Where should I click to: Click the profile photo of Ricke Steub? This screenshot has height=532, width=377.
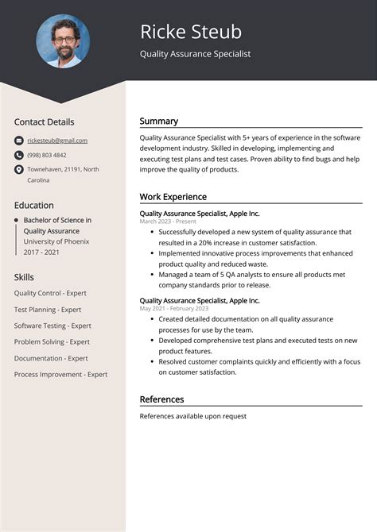click(63, 41)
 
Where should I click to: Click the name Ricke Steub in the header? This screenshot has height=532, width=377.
click(191, 32)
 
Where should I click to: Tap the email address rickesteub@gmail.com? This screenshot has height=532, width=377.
click(57, 141)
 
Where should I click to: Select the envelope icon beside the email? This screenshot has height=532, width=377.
click(18, 141)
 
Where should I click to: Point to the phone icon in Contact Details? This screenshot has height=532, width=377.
click(18, 155)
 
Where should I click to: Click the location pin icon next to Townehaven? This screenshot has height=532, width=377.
click(18, 169)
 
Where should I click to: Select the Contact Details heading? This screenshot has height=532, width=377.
click(44, 122)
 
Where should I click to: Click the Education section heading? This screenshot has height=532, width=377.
click(33, 205)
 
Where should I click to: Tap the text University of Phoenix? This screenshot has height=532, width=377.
click(56, 241)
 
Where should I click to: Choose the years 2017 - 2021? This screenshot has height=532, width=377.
click(41, 252)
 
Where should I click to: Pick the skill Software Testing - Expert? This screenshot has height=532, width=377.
click(52, 326)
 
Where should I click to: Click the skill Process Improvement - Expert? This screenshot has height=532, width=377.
click(60, 374)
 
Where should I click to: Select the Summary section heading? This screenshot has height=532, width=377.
click(159, 121)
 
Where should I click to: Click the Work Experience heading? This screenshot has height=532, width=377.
click(173, 197)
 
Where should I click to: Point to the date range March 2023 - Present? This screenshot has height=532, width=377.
click(168, 222)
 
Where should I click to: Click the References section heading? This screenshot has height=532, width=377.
click(161, 399)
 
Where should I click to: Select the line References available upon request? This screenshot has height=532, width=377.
click(192, 416)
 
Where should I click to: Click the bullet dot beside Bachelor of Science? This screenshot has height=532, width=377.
click(16, 220)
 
